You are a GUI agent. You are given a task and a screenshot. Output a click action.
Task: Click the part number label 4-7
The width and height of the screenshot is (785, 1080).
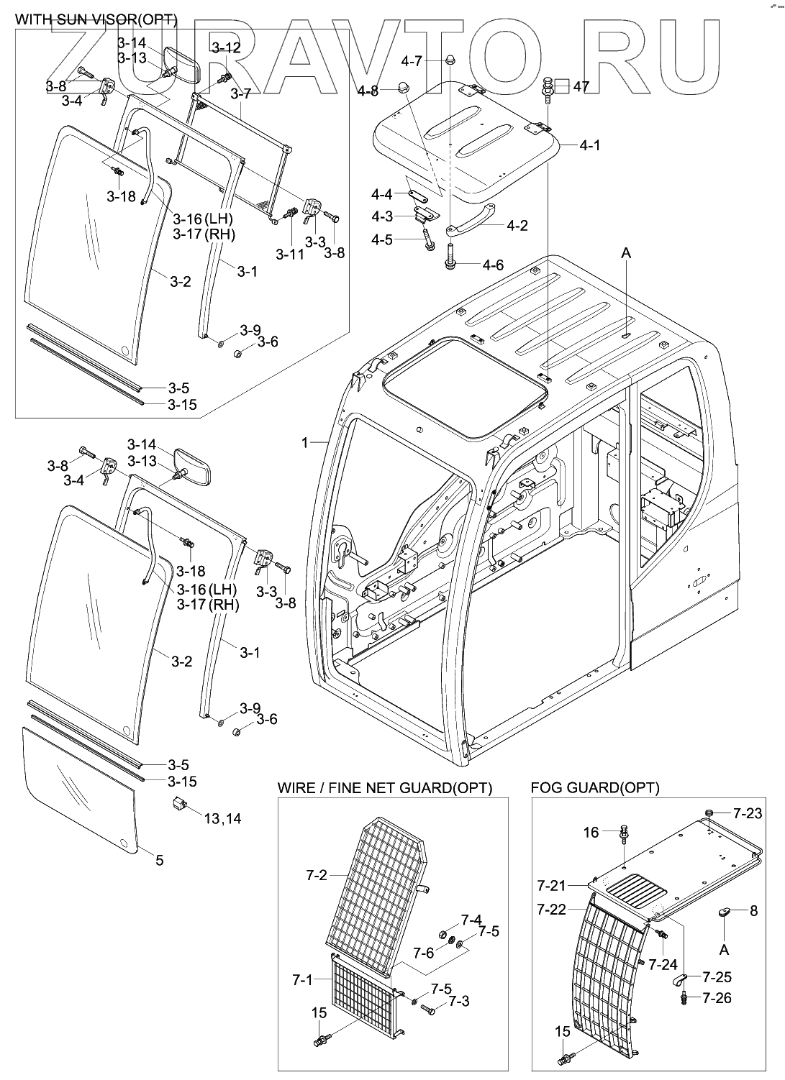(412, 61)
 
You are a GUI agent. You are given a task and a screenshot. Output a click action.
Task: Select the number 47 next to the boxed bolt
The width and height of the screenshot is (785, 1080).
(581, 87)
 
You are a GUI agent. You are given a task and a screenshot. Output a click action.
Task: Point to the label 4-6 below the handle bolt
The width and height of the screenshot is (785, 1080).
(493, 265)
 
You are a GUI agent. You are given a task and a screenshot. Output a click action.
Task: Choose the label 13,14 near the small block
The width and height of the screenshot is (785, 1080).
(222, 818)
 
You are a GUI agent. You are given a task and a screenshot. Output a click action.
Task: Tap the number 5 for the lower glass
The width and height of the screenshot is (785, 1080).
(159, 860)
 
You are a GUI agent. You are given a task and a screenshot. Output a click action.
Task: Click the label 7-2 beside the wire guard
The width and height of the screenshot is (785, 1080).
(317, 875)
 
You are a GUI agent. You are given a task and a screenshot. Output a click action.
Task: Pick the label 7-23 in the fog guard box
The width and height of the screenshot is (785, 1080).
(748, 813)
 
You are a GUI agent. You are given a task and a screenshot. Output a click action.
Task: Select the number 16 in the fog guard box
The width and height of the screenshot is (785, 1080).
(591, 832)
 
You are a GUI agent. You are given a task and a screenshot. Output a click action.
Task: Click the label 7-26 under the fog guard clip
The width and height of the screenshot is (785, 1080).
(717, 997)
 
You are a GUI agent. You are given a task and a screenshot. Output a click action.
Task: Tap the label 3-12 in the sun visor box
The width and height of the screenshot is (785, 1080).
(226, 47)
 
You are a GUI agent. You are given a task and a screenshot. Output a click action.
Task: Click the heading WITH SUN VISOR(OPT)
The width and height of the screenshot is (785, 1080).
(96, 19)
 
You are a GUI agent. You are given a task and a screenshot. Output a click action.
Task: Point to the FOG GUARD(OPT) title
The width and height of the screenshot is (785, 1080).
(595, 788)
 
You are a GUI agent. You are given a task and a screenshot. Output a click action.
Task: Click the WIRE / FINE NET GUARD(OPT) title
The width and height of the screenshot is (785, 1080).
(385, 788)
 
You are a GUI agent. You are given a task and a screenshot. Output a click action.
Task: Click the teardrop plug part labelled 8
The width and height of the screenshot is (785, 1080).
(725, 911)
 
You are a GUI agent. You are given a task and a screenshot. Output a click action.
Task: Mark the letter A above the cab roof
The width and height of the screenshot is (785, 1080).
(626, 253)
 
